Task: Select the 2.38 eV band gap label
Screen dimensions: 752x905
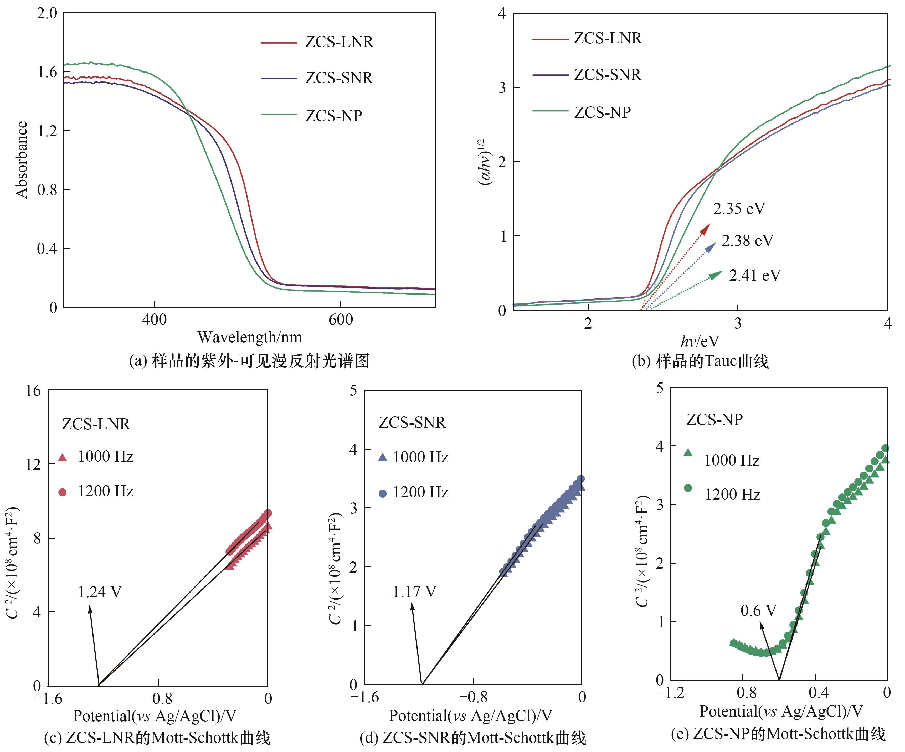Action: click(747, 241)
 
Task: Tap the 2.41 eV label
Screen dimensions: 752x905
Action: click(755, 275)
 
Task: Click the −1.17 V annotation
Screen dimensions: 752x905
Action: click(410, 592)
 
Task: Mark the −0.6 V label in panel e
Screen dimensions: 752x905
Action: click(754, 610)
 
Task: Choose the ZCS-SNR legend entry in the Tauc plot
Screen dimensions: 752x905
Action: click(607, 75)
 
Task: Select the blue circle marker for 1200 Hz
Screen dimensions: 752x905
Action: click(382, 493)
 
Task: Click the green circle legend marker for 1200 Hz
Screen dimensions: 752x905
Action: click(688, 488)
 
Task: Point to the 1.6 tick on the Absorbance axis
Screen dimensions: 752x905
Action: click(47, 72)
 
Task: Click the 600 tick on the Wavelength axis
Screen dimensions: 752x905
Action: click(341, 320)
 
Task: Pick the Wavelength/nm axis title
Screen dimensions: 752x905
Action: click(250, 337)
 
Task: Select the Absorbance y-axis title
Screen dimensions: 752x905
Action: click(22, 159)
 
